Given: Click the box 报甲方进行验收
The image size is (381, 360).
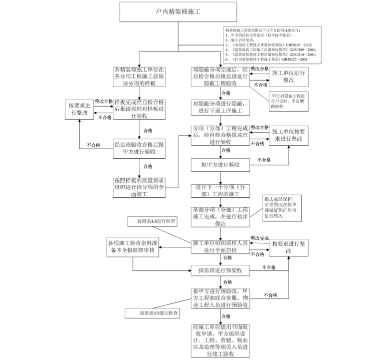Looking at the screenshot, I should [x=220, y=164].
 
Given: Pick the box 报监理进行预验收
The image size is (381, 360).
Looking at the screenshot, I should [x=220, y=270].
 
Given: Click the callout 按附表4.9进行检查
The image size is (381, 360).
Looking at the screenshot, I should [x=153, y=313].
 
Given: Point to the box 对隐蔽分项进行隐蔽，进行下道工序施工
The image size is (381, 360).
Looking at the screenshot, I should [x=220, y=107].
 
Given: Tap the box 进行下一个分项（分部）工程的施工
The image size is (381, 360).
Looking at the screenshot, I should [x=220, y=191].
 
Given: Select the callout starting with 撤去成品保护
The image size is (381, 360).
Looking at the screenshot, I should [x=282, y=207].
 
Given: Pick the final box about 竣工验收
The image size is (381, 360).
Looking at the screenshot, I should [x=220, y=341].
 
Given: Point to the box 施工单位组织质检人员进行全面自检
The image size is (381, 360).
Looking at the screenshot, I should [x=220, y=247].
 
